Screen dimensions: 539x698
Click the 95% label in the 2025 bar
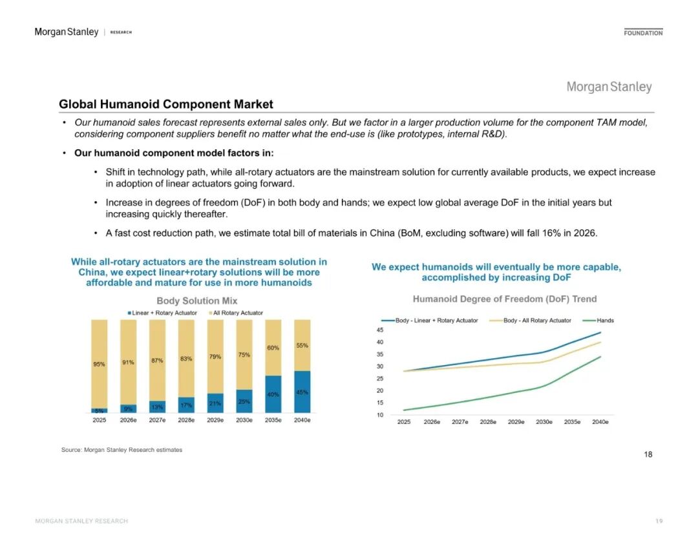(x=99, y=365)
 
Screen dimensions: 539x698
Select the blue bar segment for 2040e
(x=302, y=392)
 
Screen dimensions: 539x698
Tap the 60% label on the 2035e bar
(x=273, y=348)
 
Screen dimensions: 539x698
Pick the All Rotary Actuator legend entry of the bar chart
(x=237, y=313)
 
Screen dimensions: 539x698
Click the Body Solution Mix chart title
(x=197, y=301)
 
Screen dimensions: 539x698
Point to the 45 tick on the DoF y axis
(x=380, y=330)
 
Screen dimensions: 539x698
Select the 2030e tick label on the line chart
(x=544, y=422)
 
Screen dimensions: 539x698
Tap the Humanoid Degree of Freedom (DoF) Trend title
(x=505, y=299)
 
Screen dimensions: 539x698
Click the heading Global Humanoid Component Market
(x=166, y=104)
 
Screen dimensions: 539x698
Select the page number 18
(x=648, y=454)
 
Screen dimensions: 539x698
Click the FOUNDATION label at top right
(x=643, y=33)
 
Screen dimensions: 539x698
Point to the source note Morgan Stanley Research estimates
(x=122, y=450)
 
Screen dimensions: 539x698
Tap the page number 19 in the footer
(x=659, y=521)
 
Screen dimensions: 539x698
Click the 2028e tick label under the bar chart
(x=186, y=420)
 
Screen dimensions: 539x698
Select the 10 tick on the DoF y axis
(x=380, y=415)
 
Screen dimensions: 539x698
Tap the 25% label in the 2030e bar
(x=244, y=401)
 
